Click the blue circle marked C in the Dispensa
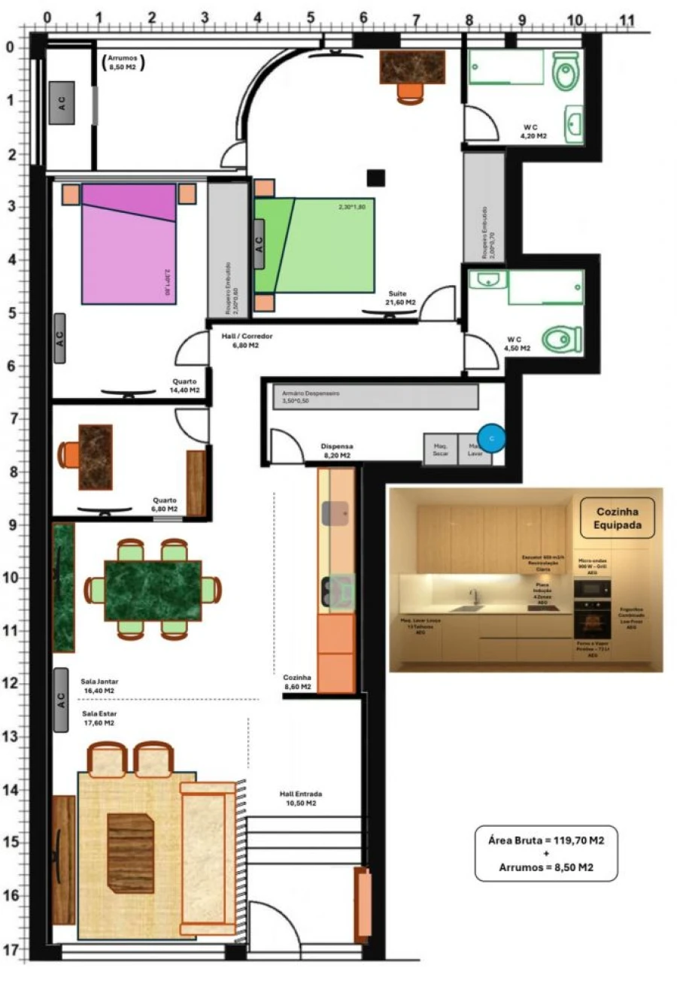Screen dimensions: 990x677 (x=491, y=438)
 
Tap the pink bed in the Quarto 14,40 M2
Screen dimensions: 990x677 (x=129, y=248)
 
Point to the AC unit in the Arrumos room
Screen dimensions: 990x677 (x=62, y=103)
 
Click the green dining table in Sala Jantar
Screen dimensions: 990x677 (x=153, y=591)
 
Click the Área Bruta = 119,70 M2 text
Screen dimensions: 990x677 (x=545, y=840)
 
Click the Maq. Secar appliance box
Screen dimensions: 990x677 (x=440, y=449)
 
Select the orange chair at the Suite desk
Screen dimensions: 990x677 (x=410, y=92)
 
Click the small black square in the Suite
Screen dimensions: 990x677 (x=375, y=178)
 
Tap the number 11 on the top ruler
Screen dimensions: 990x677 (x=627, y=20)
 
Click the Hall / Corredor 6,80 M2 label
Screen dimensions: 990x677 (x=247, y=341)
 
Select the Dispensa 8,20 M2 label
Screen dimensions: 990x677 (x=336, y=451)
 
